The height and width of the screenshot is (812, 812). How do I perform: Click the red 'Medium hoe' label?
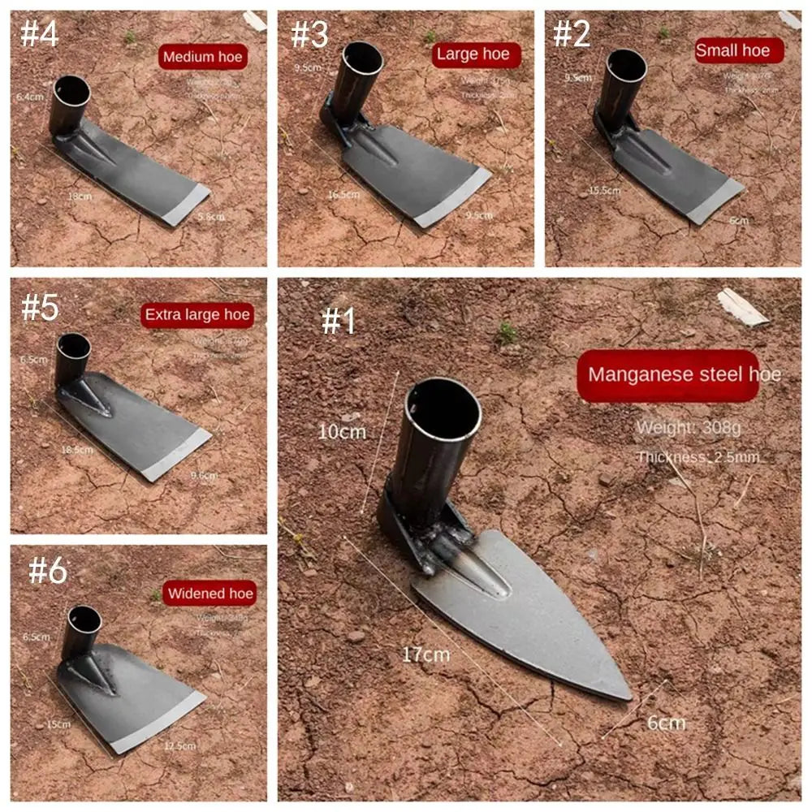(201, 57)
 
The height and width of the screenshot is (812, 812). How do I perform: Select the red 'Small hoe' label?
(738, 50)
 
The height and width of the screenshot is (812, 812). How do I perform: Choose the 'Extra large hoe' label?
(197, 315)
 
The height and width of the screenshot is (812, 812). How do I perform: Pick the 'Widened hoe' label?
(209, 594)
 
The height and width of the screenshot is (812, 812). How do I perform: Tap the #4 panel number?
(38, 35)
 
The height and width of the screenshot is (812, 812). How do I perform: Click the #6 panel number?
(48, 571)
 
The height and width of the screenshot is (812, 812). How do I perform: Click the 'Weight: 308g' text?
(688, 428)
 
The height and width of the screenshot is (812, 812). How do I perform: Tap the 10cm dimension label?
(342, 432)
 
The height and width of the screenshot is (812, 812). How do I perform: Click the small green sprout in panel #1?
(508, 332)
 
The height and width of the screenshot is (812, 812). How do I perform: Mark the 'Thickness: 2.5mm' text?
(698, 457)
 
